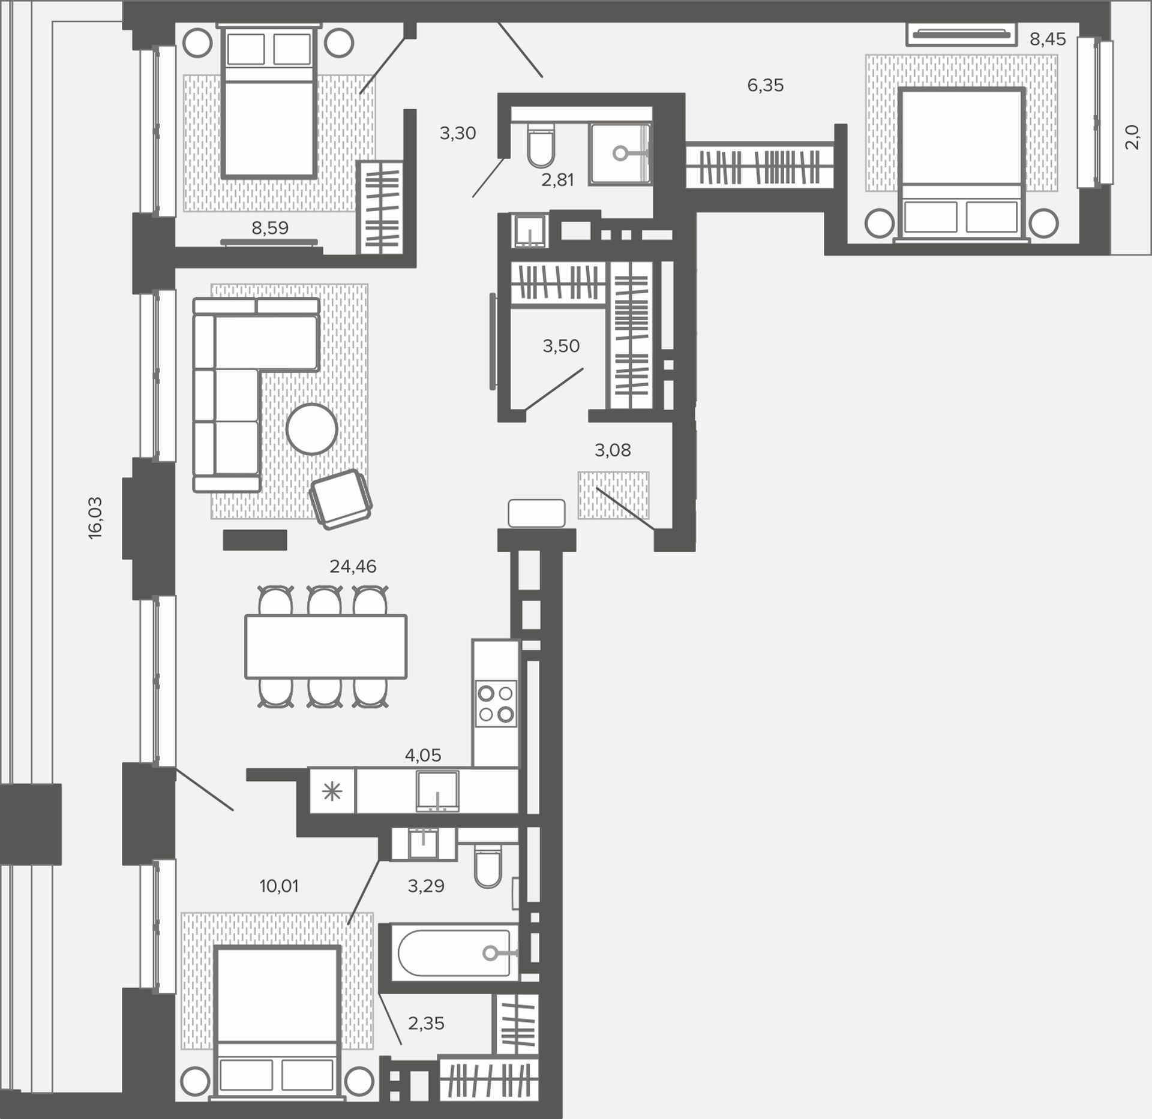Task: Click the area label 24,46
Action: click(353, 566)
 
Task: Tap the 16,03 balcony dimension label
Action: click(95, 518)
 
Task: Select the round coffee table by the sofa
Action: click(312, 429)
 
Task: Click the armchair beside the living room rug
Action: click(341, 499)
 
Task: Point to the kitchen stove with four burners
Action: click(496, 703)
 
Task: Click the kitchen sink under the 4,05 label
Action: click(438, 792)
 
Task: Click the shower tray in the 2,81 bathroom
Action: click(620, 154)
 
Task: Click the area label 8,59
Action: click(270, 228)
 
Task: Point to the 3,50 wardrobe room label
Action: click(561, 345)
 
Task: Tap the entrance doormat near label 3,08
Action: click(613, 495)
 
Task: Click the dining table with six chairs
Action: click(326, 646)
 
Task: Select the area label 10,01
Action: click(279, 885)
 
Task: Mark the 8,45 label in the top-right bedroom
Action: click(1048, 40)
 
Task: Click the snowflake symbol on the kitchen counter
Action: click(332, 792)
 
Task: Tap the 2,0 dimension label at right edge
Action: click(1131, 137)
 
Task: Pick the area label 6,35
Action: click(766, 85)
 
